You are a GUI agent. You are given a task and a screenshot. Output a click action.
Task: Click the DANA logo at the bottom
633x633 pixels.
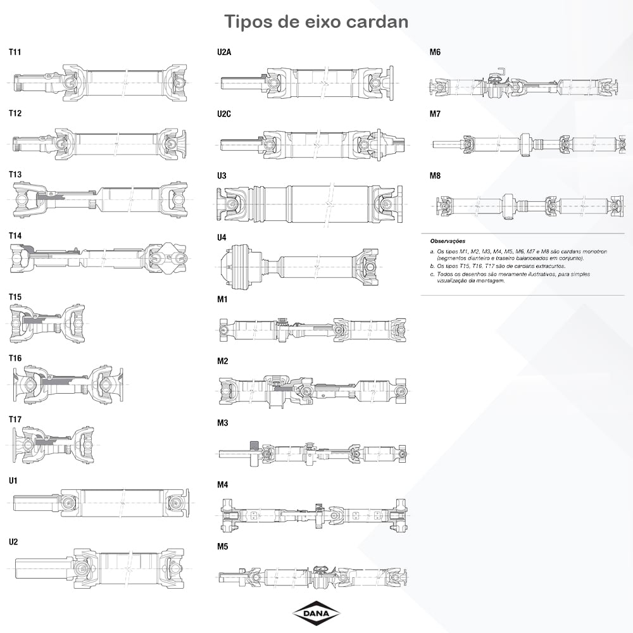point(316,614)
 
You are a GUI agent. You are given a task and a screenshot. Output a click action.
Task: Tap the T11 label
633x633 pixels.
point(15,52)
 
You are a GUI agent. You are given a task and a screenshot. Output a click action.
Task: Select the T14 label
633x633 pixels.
point(15,235)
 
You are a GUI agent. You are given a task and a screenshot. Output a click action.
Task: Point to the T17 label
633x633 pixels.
point(15,420)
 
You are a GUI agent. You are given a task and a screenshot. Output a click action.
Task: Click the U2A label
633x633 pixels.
point(224,52)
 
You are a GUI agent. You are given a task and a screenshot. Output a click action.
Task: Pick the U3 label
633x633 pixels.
point(222,175)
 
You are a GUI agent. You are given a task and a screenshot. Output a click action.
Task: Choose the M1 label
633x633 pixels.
point(222,299)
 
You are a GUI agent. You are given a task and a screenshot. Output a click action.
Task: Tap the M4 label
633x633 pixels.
point(223,484)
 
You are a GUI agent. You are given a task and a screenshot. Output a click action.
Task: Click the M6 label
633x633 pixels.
point(436,52)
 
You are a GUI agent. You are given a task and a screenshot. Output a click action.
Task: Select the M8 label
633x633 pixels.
point(436,175)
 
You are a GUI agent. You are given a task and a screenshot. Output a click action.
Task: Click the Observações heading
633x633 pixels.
point(448,241)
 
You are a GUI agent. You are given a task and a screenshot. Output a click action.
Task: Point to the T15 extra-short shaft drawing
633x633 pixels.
point(47,323)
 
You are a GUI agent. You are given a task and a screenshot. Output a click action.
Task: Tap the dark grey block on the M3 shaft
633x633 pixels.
point(254,445)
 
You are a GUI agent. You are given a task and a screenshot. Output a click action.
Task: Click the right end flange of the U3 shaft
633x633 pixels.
point(399,204)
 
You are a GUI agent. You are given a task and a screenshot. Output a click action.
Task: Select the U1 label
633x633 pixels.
point(13,480)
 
